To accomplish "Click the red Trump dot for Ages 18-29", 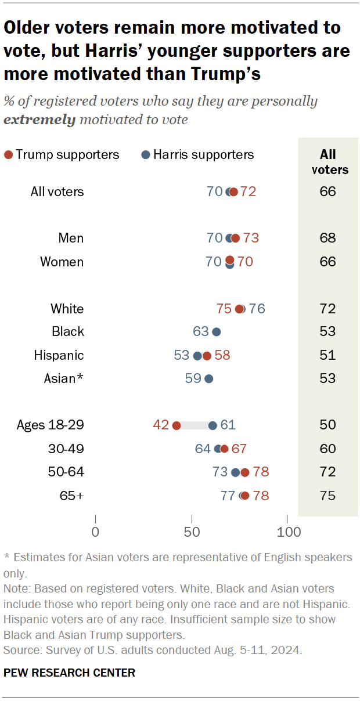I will pos(176,425).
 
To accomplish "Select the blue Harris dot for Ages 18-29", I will pos(213,425).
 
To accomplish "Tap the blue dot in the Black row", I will pos(217,332).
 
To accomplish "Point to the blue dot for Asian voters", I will pos(209,378).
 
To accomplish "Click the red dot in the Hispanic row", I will pos(207,355).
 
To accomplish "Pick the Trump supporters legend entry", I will pos(62,154).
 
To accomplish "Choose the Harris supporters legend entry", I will pos(197,154).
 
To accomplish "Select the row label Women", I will pos(62,262).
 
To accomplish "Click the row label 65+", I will pos(71,496).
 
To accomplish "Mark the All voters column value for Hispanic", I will pos(328,355).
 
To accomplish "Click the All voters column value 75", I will pos(328,496).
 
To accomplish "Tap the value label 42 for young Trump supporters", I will pos(161,425).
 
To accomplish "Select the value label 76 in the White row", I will pos(257,309).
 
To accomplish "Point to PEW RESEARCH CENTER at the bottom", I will pos(69,673).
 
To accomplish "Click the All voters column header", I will pos(328,162).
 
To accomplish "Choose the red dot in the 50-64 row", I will pos(245,472).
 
